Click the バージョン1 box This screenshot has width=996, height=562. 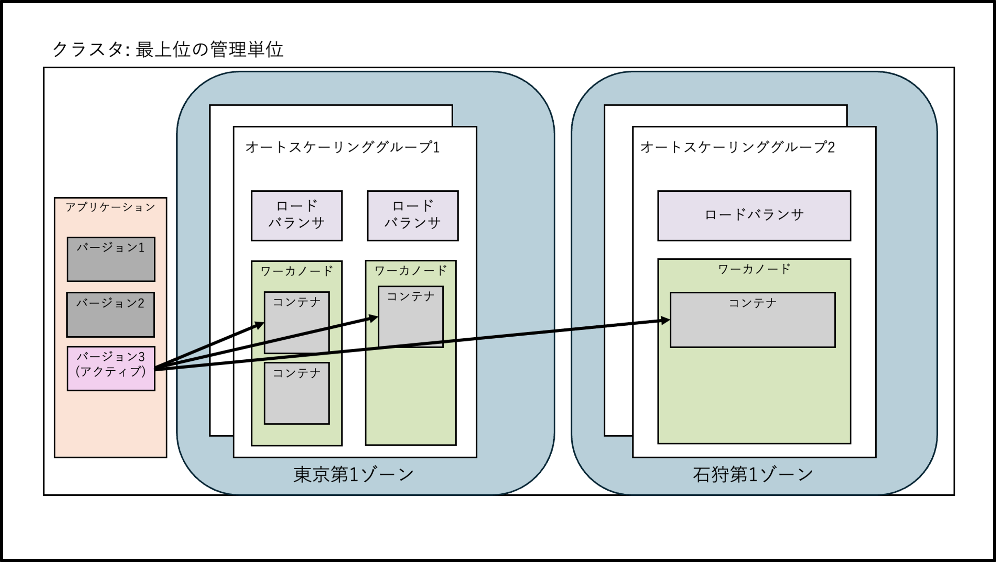(111, 259)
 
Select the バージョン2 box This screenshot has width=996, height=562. (111, 314)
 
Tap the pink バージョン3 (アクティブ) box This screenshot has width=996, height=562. (111, 368)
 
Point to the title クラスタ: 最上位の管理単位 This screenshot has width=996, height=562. (168, 50)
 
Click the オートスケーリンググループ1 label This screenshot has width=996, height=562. (343, 147)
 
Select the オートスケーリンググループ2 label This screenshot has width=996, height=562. (737, 147)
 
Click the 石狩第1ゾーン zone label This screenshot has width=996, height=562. (753, 474)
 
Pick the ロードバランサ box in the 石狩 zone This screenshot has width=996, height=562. (754, 215)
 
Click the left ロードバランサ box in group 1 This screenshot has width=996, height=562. (296, 215)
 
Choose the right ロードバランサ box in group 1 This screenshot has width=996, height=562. (413, 215)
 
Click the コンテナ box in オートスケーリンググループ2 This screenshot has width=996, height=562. (753, 320)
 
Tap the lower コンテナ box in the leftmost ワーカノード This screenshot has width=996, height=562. (296, 393)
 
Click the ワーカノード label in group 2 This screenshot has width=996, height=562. (754, 269)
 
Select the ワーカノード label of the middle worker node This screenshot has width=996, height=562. (411, 271)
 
